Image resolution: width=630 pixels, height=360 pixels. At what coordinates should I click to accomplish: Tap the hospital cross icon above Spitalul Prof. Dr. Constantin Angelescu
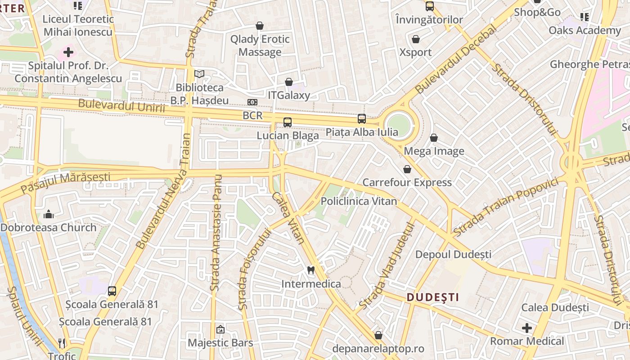tap(68, 52)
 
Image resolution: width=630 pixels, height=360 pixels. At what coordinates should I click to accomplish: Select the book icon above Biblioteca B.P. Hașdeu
tap(199, 74)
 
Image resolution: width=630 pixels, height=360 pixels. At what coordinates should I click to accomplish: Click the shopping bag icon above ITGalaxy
tap(289, 82)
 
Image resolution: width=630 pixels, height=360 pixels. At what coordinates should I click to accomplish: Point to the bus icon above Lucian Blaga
tap(288, 122)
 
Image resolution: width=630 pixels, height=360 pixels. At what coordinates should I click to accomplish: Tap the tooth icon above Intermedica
tap(310, 270)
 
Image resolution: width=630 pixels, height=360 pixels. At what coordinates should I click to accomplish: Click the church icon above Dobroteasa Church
tap(49, 214)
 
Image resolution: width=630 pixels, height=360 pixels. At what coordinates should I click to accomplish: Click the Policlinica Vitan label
tap(359, 201)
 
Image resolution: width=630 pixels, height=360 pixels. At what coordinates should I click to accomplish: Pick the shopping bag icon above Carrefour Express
tap(407, 169)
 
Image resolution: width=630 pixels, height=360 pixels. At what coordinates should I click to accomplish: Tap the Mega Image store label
tap(434, 151)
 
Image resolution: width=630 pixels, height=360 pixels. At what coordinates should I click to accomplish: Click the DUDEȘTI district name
tap(433, 297)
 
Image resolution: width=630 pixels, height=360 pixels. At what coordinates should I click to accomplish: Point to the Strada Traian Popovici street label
tap(506, 207)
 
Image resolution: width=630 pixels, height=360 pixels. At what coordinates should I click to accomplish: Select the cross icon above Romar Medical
tap(527, 328)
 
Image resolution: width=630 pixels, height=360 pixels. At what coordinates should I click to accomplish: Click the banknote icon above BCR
tap(252, 102)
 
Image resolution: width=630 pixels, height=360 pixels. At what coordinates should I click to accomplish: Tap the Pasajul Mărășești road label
tap(65, 182)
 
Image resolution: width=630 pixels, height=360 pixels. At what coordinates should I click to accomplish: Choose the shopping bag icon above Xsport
tap(416, 39)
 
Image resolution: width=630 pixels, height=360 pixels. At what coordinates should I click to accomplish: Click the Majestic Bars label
tap(220, 343)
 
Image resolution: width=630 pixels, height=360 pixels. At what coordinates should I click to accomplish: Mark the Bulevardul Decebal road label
tap(456, 59)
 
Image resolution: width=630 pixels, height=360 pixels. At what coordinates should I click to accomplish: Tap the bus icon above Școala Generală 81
tap(112, 291)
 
